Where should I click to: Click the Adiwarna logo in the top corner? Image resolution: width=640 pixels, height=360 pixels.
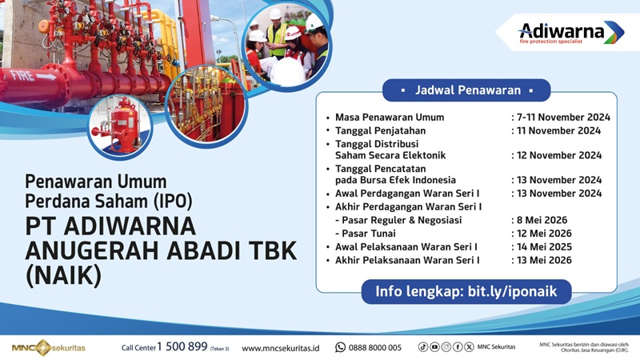pos(570,32)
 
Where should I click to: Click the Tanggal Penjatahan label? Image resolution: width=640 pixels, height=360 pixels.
pos(380,130)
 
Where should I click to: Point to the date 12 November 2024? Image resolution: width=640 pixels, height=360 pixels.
pos(560,155)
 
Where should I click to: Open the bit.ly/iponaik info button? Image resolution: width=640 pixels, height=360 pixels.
pos(466,292)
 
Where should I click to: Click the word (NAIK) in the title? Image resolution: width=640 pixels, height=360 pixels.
pos(65,276)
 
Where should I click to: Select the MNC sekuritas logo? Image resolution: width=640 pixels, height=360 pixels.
pos(49,347)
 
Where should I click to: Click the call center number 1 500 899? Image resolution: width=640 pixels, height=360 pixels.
pos(182,347)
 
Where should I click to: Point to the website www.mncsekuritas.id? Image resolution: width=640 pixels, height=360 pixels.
pos(281,348)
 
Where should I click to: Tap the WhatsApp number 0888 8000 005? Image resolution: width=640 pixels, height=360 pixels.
pos(375,348)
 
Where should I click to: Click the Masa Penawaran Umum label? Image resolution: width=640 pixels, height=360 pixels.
pos(390,117)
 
